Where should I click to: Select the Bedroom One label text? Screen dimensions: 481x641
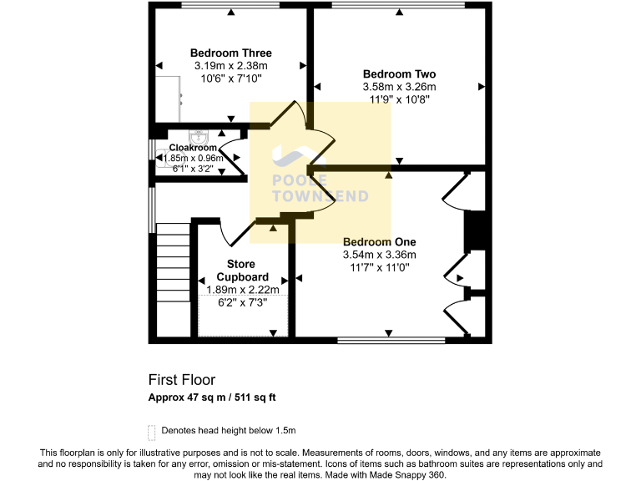pyautogui.click(x=379, y=241)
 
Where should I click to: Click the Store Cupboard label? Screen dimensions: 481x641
pyautogui.click(x=243, y=271)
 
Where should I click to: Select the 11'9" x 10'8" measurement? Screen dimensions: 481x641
pyautogui.click(x=399, y=99)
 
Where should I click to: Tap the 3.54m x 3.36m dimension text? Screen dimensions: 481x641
pyautogui.click(x=379, y=255)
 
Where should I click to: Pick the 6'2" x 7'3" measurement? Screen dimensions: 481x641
pyautogui.click(x=243, y=303)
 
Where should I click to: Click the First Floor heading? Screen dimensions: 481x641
pyautogui.click(x=181, y=380)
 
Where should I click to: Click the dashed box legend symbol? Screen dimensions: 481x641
pyautogui.click(x=151, y=431)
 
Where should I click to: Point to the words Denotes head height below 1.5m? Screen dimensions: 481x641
pyautogui.click(x=229, y=431)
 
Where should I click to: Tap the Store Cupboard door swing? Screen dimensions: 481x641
pyautogui.click(x=236, y=234)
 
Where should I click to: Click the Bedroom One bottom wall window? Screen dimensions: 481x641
pyautogui.click(x=391, y=340)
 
